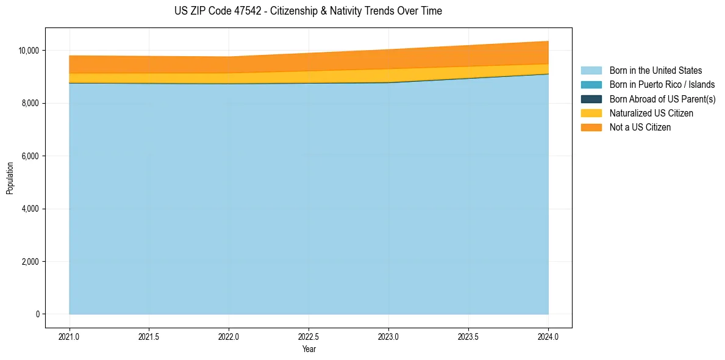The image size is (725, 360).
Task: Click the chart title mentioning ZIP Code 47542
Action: coord(308,11)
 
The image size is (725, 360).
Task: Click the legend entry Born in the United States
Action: coord(655,71)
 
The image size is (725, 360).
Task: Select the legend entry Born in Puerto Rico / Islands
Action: coord(662,85)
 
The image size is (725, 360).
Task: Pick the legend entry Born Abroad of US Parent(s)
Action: coord(662,99)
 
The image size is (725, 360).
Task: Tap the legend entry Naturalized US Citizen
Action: coord(651,113)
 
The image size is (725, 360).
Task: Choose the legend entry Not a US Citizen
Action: coord(640,127)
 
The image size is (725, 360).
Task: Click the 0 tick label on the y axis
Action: coord(38,314)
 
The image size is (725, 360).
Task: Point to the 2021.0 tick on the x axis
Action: coord(70,336)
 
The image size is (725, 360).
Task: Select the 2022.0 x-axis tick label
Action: coord(229,336)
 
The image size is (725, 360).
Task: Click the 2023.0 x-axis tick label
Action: coord(388,336)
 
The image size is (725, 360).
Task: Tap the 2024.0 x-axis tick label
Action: coord(548,336)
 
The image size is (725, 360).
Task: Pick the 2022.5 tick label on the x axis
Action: coord(309,336)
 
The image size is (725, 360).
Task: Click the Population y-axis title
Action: coord(10,178)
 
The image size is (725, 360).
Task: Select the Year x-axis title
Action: coord(309,349)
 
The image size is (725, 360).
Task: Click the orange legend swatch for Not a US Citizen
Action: coord(591,127)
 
